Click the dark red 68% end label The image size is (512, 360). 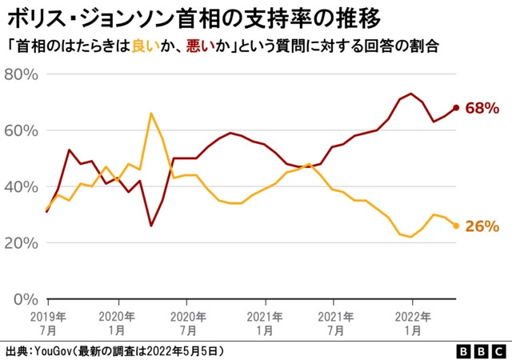tap(482, 107)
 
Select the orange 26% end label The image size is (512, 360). tap(482, 226)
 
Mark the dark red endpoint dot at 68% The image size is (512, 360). tap(456, 107)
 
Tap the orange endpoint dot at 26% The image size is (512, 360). tap(456, 226)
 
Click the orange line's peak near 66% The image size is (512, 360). tap(151, 114)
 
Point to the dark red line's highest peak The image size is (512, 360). tap(411, 94)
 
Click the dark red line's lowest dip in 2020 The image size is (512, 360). tap(151, 226)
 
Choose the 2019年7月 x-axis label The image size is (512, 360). tap(48, 322)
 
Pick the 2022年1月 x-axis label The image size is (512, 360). tap(411, 322)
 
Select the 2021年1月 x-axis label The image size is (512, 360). tap(265, 322)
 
